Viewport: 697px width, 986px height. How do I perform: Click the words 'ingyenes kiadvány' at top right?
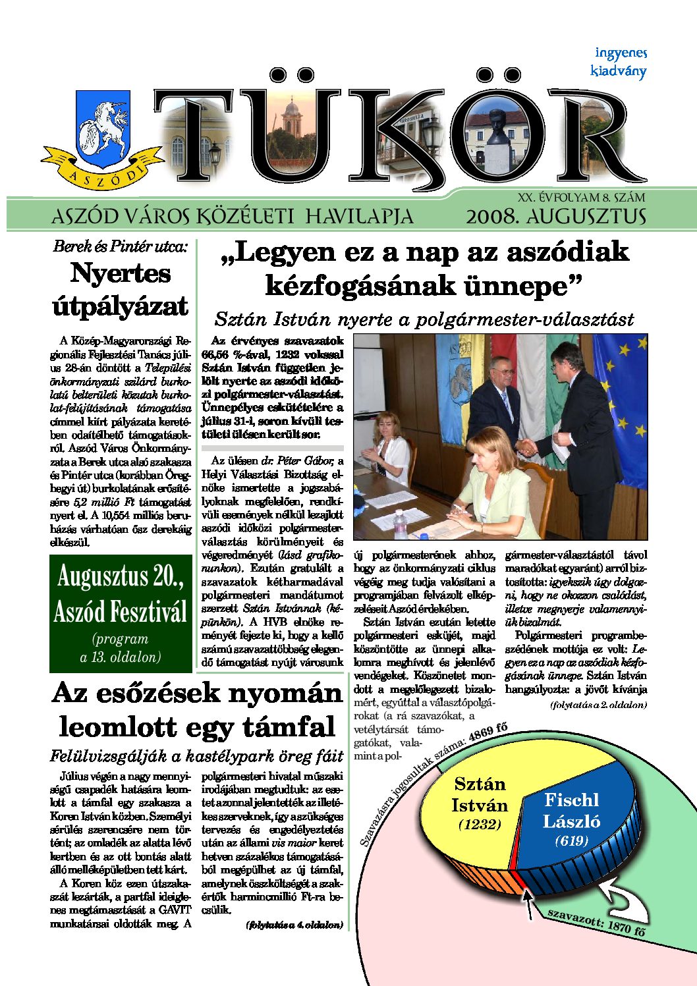coord(619,62)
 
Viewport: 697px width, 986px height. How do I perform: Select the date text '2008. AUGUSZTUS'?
coord(555,216)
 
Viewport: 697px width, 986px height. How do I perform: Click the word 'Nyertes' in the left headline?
coord(121,273)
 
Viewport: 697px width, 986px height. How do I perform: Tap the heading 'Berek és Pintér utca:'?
coord(121,247)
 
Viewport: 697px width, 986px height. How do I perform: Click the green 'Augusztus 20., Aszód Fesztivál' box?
coord(121,613)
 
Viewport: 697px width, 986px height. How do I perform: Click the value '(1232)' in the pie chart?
coord(480,825)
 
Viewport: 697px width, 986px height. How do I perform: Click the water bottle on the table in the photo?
coord(400,524)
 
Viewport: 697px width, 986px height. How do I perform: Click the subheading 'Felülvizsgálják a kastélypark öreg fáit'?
coord(196,755)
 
